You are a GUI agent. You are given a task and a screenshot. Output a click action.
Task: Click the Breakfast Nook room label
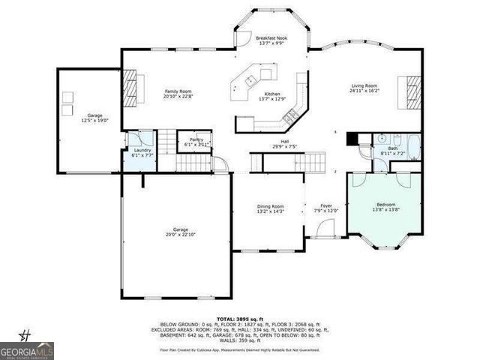pos(271,37)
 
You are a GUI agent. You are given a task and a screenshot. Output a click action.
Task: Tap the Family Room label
pos(178,91)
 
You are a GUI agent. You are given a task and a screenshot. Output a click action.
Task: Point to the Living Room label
pos(365,86)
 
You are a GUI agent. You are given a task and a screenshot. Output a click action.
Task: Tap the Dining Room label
pos(271,206)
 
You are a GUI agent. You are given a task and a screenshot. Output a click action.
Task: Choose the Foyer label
pos(326,205)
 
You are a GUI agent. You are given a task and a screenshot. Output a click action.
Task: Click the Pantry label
pos(196,139)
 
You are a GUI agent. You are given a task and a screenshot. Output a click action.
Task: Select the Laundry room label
pos(140,151)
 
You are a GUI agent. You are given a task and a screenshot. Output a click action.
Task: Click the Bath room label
pos(393,148)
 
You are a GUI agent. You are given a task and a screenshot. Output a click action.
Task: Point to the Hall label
pos(284,141)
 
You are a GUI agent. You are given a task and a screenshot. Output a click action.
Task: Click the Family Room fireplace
pos(130,86)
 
